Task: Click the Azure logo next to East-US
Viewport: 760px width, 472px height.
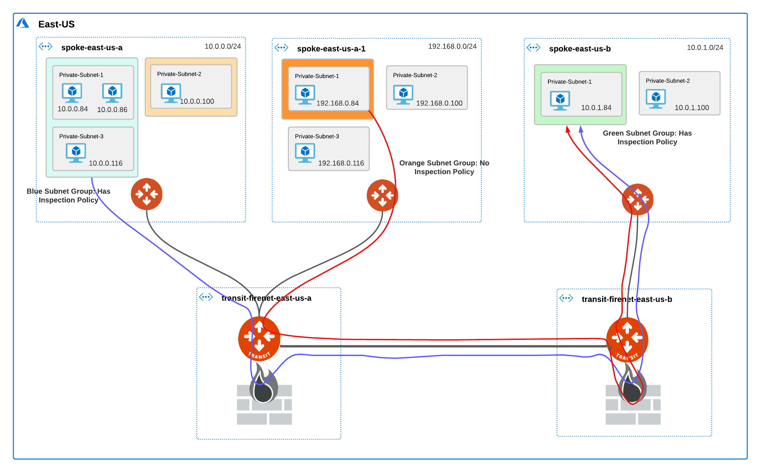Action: [x=23, y=23]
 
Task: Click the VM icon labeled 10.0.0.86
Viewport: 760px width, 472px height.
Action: [x=112, y=93]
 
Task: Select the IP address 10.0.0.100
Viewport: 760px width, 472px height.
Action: [x=197, y=102]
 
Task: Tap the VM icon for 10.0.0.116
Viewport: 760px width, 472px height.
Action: [x=76, y=153]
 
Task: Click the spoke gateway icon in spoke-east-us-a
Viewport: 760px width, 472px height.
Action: [x=146, y=194]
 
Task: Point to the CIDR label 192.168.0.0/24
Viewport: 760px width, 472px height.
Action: [x=452, y=47]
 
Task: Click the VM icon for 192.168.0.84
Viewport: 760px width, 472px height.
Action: [x=305, y=94]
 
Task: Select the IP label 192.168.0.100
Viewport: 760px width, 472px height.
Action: [x=439, y=103]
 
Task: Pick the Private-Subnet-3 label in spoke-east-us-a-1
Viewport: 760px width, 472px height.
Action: [x=317, y=136]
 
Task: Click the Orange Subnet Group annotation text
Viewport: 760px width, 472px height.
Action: [x=444, y=167]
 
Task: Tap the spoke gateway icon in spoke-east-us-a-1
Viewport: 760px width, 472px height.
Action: [x=382, y=195]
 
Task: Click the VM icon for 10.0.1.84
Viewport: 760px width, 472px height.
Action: [x=560, y=100]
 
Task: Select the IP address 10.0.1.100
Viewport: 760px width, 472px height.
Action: [x=692, y=108]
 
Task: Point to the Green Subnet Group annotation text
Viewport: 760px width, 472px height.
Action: [x=647, y=138]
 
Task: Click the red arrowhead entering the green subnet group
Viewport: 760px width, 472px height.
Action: [x=568, y=129]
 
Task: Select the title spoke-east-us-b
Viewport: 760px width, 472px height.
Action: [x=579, y=49]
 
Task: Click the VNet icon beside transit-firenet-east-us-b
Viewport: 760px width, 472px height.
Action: [x=566, y=298]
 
